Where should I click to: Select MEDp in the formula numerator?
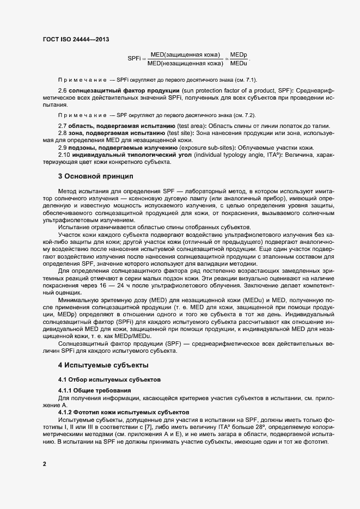point(239,56)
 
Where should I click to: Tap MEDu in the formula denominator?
point(239,64)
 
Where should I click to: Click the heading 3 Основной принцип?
point(96,176)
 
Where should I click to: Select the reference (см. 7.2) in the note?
point(245,115)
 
